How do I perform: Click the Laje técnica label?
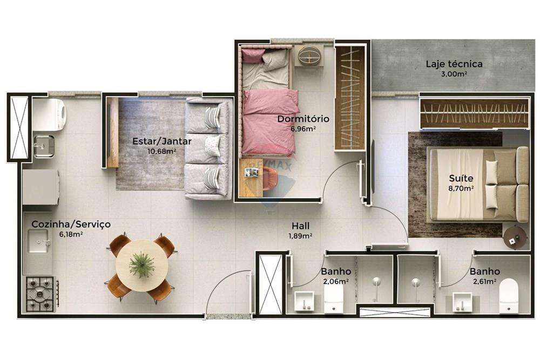[x=454, y=64]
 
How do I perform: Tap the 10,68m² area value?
[x=162, y=151]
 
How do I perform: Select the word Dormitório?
[x=303, y=119]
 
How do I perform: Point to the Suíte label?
[x=461, y=178]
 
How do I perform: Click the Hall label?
[x=300, y=226]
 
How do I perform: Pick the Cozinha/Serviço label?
[x=71, y=225]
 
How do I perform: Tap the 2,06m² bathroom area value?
[x=336, y=281]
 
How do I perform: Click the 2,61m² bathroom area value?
[x=484, y=281]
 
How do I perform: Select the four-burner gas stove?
[x=40, y=294]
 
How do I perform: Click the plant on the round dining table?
[x=141, y=264]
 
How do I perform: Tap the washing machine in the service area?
[x=50, y=111]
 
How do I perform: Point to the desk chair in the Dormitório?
[x=270, y=178]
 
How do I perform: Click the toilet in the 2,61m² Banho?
[x=509, y=296]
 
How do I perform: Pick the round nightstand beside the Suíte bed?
[x=515, y=236]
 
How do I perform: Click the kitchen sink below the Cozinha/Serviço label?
[x=38, y=241]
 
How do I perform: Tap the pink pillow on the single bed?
[x=253, y=56]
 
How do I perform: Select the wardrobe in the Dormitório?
[x=350, y=98]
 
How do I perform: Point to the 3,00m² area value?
[x=454, y=73]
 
